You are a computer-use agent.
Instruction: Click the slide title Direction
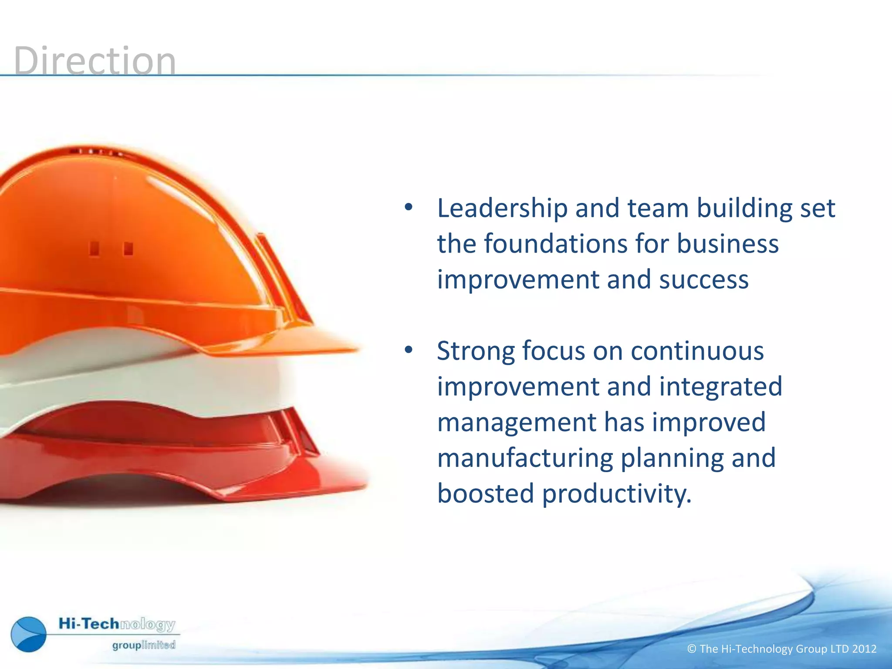pyautogui.click(x=95, y=61)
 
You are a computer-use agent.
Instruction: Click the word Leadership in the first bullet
pyautogui.click(x=502, y=208)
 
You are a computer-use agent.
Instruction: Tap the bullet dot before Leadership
pyautogui.click(x=408, y=207)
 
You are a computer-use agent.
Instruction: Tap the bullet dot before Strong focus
pyautogui.click(x=408, y=350)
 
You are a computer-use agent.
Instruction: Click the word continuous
pyautogui.click(x=697, y=351)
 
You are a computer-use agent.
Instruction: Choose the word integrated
pyautogui.click(x=720, y=387)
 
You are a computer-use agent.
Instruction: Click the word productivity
pyautogui.click(x=616, y=494)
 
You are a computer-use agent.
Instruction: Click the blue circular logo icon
pyautogui.click(x=29, y=634)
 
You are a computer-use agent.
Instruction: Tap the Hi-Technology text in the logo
pyautogui.click(x=117, y=624)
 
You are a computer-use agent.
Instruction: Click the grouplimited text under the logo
pyautogui.click(x=144, y=645)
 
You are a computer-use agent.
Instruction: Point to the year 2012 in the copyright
pyautogui.click(x=864, y=649)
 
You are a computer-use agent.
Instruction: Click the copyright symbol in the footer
pyautogui.click(x=692, y=649)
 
